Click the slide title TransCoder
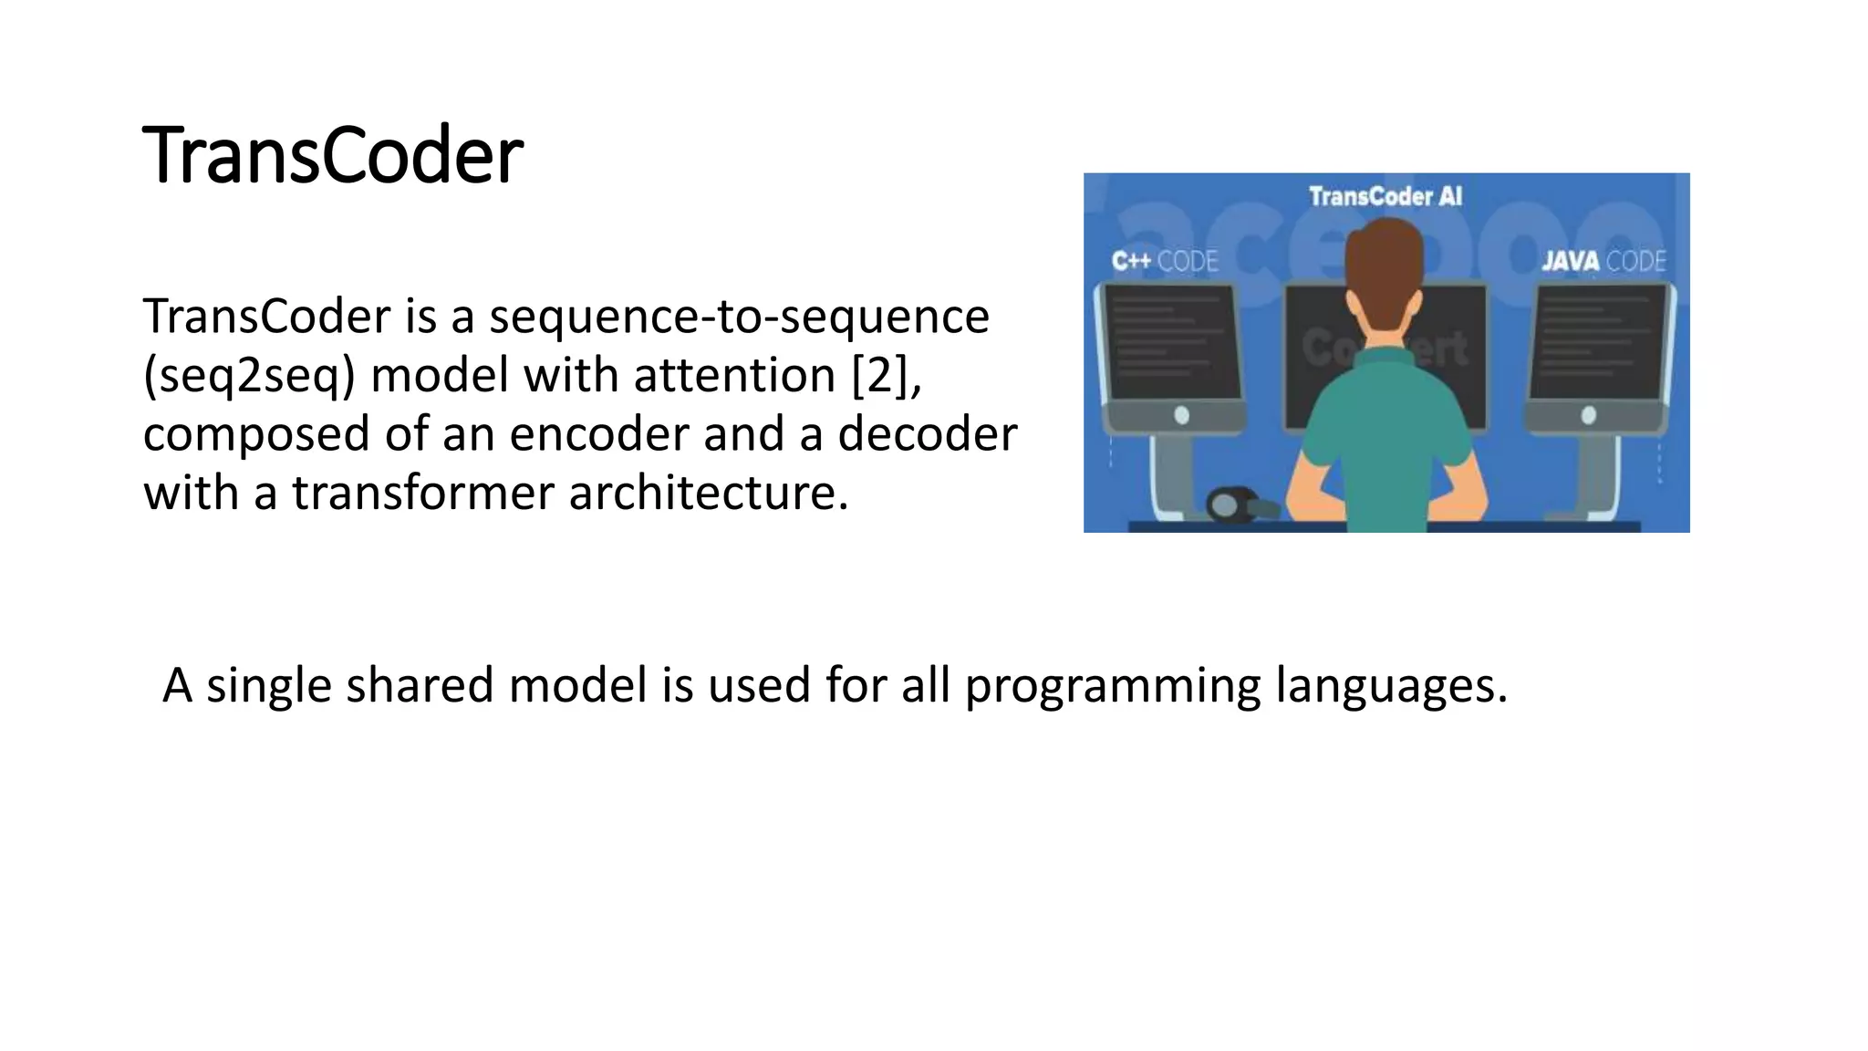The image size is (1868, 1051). pyautogui.click(x=333, y=155)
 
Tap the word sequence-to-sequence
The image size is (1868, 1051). pyautogui.click(x=739, y=317)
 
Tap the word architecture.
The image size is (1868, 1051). pyautogui.click(x=708, y=493)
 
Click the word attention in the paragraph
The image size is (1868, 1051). pyautogui.click(x=734, y=375)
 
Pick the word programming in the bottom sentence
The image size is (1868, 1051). pyautogui.click(x=1113, y=686)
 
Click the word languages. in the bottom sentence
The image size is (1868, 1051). pyautogui.click(x=1391, y=686)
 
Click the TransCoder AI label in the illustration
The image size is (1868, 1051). pyautogui.click(x=1385, y=196)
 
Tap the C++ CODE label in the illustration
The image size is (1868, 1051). pyautogui.click(x=1165, y=262)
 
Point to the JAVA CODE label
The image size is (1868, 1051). pyautogui.click(x=1603, y=262)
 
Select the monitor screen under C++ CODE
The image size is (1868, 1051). pyautogui.click(x=1171, y=342)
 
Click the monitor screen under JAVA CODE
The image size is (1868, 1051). pyautogui.click(x=1602, y=342)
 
